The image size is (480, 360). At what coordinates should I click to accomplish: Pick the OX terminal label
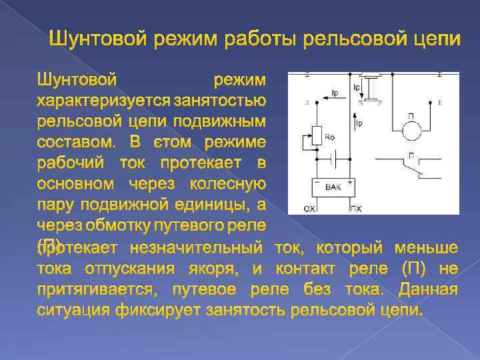(x=310, y=209)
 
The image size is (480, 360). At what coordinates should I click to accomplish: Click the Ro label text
(x=329, y=137)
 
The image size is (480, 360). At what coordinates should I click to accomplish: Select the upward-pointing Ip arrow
(x=352, y=123)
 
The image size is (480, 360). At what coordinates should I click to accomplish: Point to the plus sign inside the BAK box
(x=349, y=181)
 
